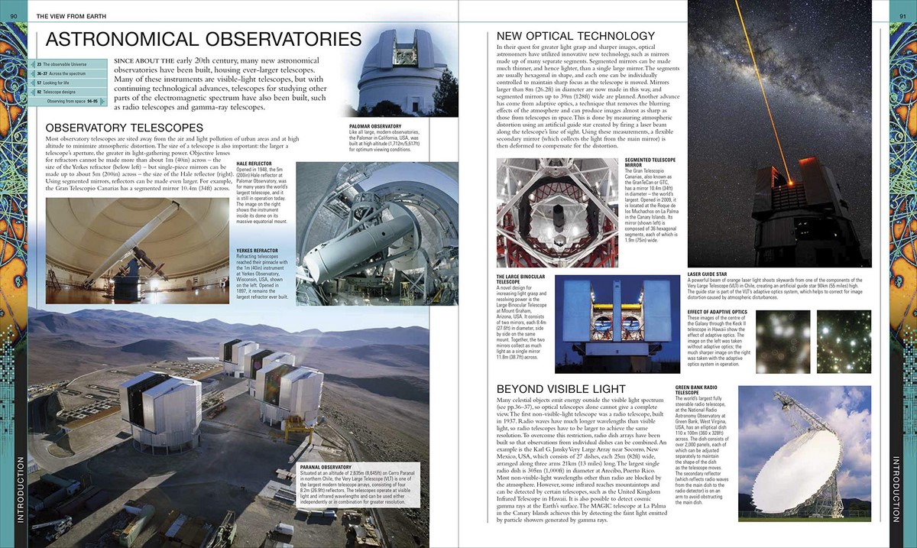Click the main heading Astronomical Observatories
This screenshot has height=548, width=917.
pyautogui.click(x=203, y=41)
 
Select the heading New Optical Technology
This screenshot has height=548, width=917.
pyautogui.click(x=575, y=36)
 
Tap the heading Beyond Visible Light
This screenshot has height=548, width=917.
pyautogui.click(x=565, y=388)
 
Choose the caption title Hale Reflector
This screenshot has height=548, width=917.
pyautogui.click(x=254, y=163)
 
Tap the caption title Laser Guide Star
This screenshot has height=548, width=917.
pyautogui.click(x=708, y=273)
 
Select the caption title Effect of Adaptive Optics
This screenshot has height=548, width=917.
pyautogui.click(x=715, y=312)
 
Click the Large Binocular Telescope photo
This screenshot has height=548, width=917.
pyautogui.click(x=607, y=317)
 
